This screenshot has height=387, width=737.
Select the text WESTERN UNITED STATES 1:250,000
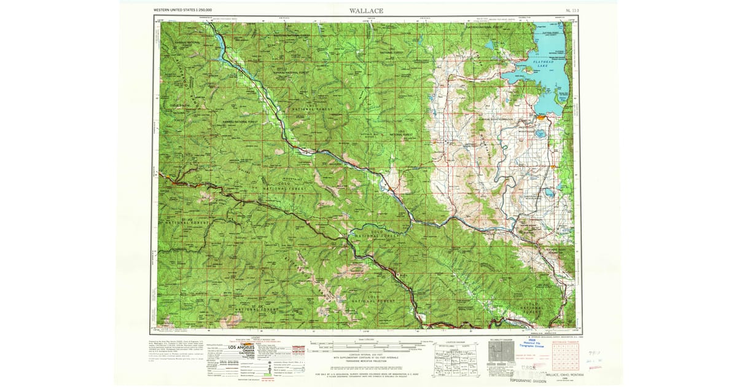[183, 11]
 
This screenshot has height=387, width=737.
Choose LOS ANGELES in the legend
[243, 348]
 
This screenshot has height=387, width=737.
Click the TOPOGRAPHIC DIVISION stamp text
[527, 381]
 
